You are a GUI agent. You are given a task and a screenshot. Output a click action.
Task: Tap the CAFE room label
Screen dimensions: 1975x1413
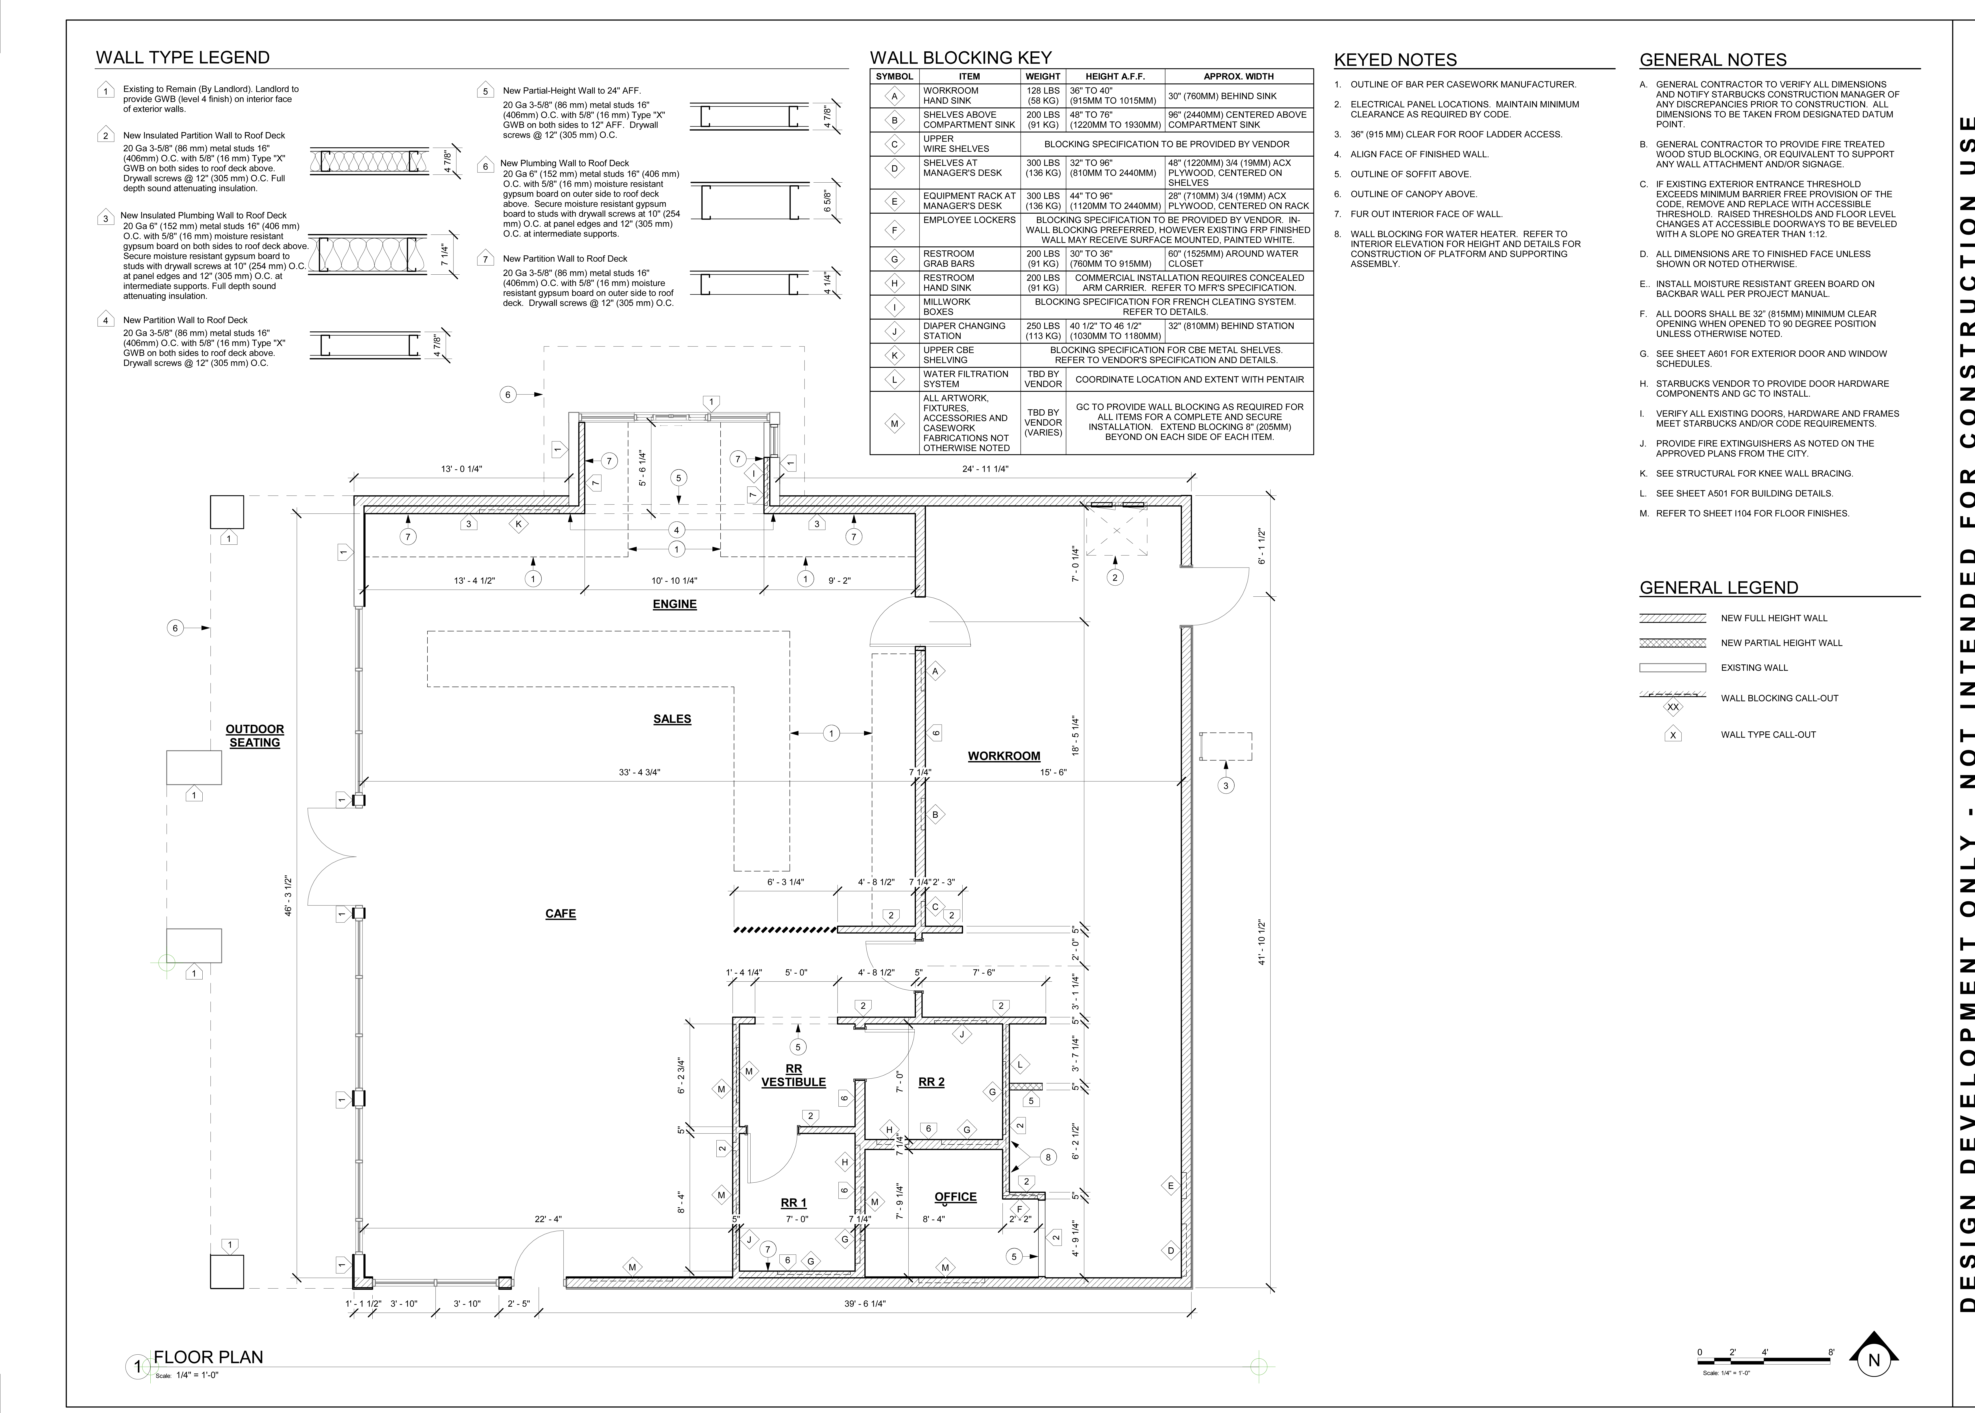560,914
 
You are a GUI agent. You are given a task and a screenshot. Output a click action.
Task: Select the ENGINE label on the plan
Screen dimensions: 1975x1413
674,604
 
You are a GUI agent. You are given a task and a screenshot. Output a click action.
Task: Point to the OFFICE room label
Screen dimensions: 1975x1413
955,1196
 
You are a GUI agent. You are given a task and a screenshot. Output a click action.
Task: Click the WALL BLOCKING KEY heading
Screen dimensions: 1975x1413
961,57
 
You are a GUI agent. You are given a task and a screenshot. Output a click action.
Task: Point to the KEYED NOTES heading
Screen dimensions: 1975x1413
1395,60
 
